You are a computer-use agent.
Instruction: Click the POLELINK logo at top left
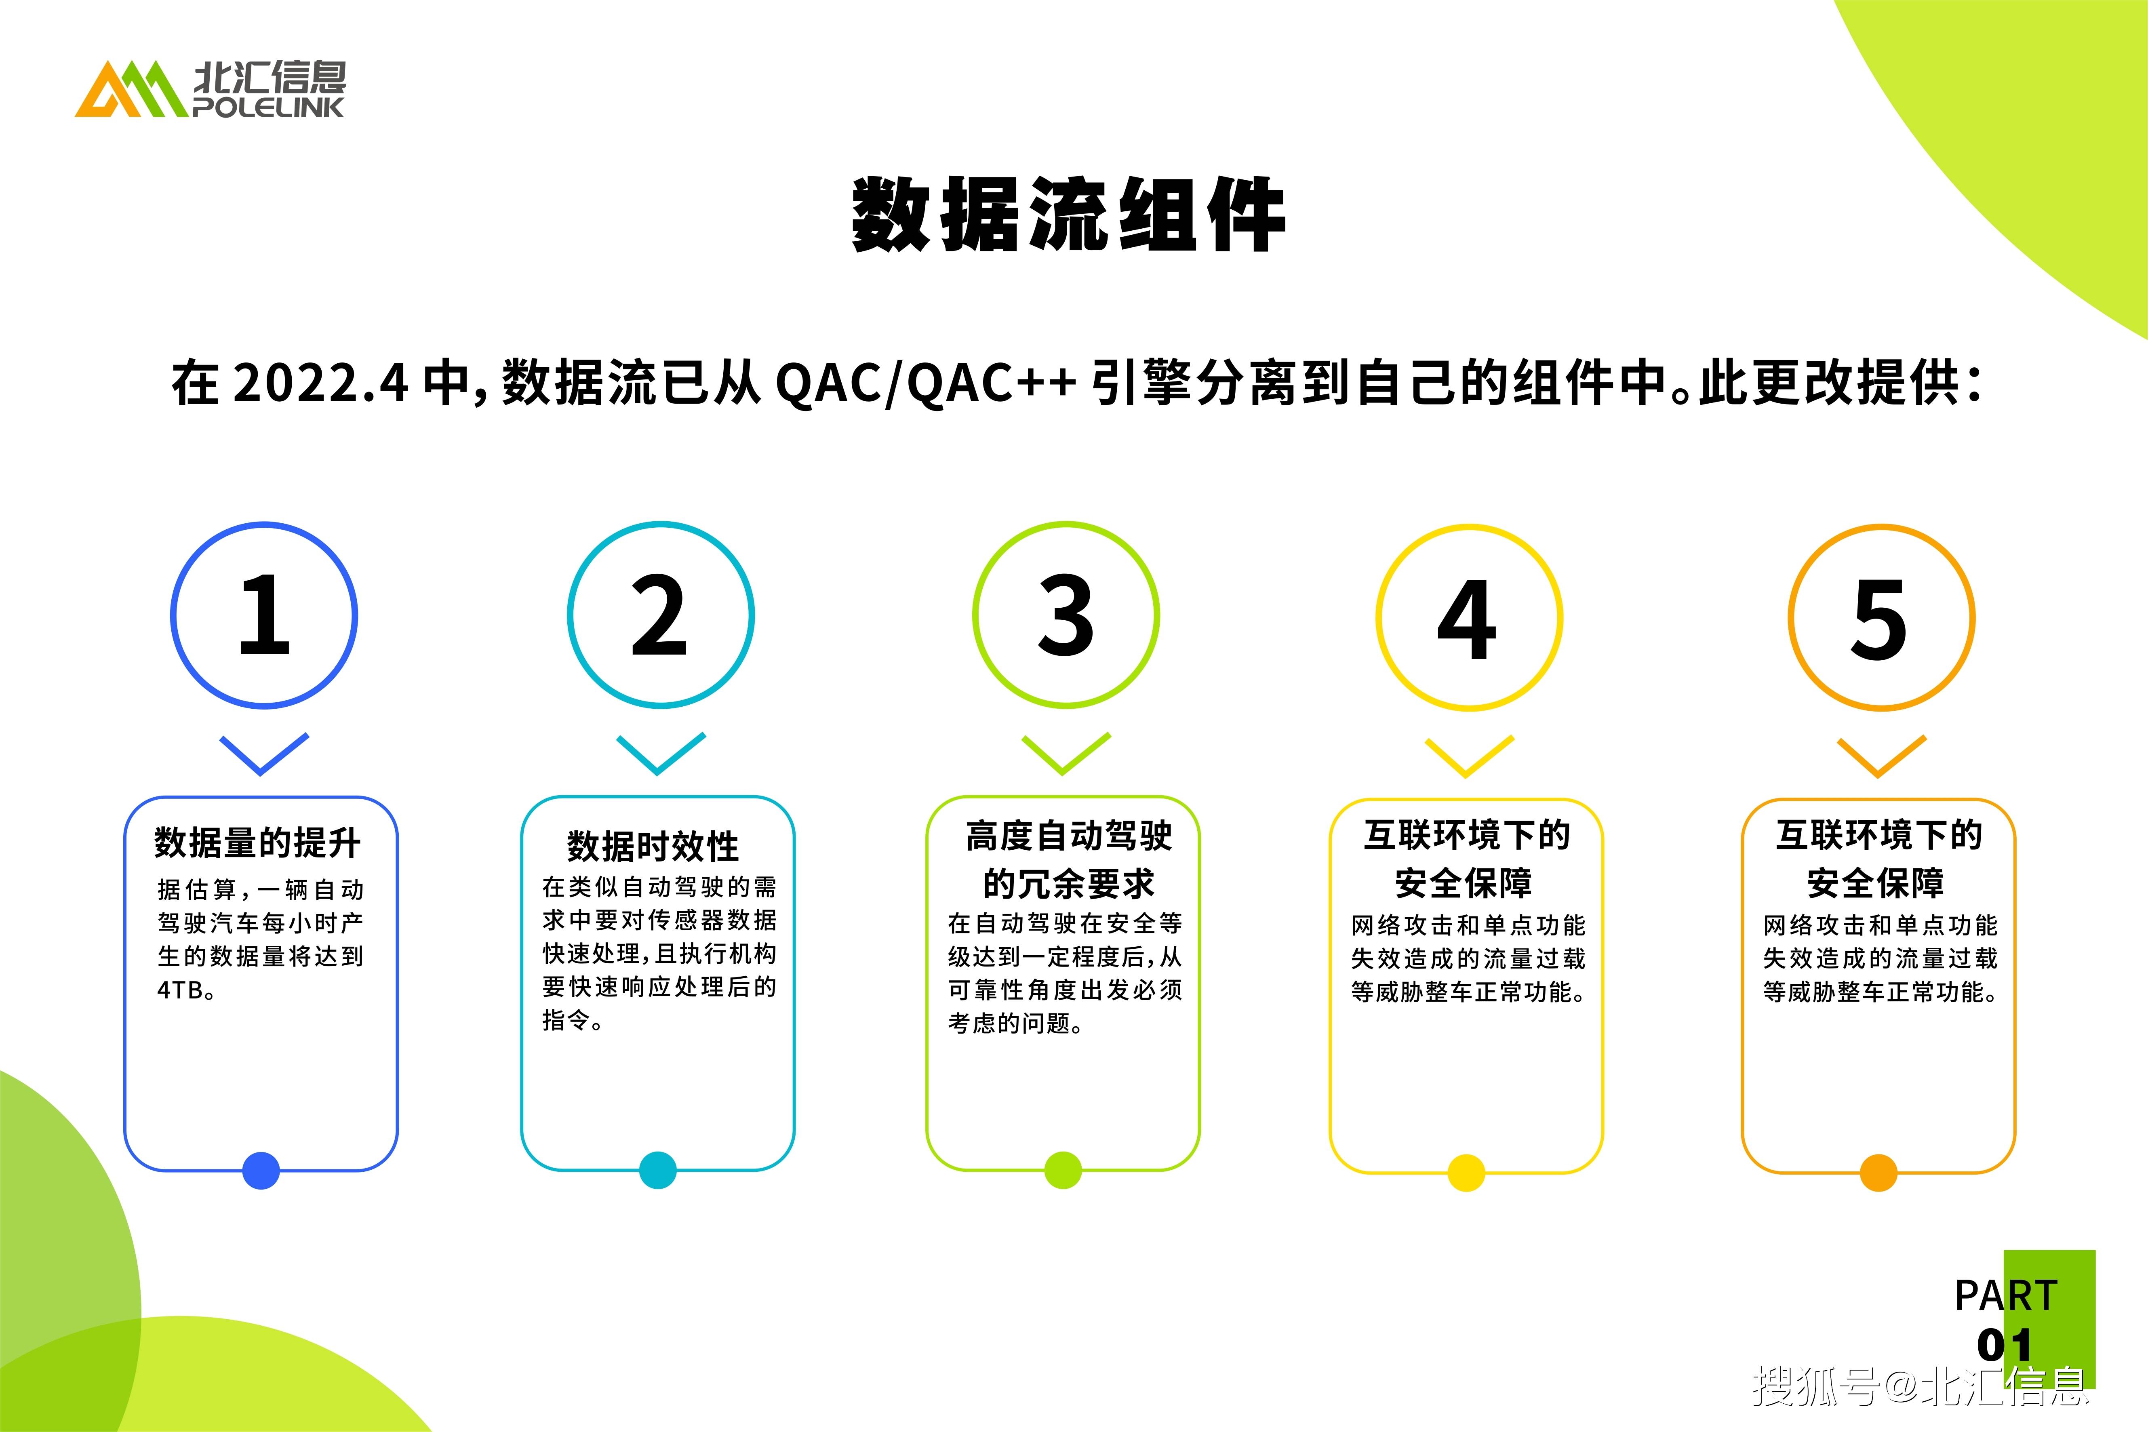[210, 90]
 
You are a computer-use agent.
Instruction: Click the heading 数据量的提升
[257, 842]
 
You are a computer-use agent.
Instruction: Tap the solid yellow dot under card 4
[1467, 1173]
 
